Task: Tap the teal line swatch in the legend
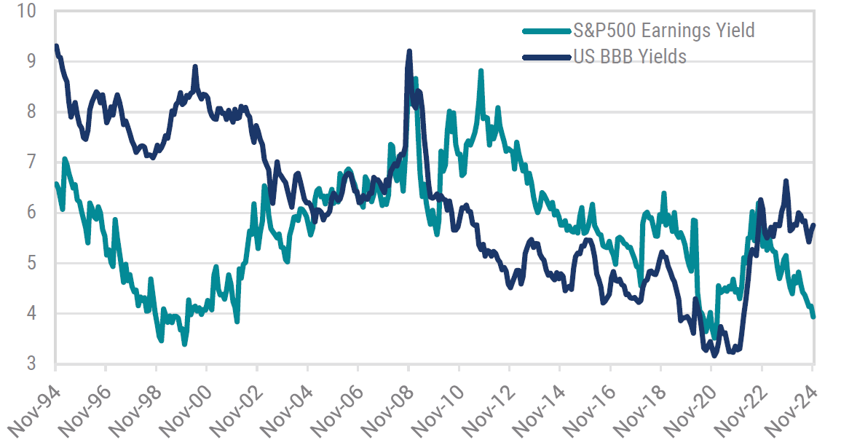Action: click(544, 31)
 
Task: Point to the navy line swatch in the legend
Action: click(544, 56)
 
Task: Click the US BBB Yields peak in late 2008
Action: click(409, 52)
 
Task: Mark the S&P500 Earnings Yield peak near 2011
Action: click(481, 71)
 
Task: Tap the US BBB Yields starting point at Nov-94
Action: click(56, 47)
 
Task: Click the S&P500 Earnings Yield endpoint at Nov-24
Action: click(813, 316)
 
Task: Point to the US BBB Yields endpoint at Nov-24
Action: click(813, 225)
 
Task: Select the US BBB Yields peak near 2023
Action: click(786, 181)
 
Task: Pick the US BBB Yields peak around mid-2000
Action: click(195, 67)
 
